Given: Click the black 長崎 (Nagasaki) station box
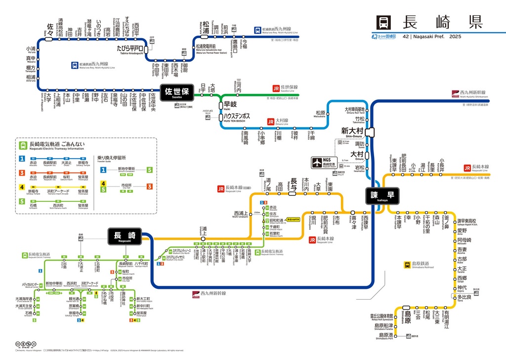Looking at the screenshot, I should point(125,236).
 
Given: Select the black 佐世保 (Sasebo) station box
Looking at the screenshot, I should point(176,93).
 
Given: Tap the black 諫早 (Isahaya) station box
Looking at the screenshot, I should point(380,196).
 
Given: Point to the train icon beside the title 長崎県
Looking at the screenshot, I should point(384,22).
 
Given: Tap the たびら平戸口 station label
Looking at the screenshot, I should point(129,48).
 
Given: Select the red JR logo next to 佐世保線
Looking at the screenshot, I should point(276,89).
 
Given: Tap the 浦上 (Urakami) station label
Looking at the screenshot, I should point(204,229).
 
